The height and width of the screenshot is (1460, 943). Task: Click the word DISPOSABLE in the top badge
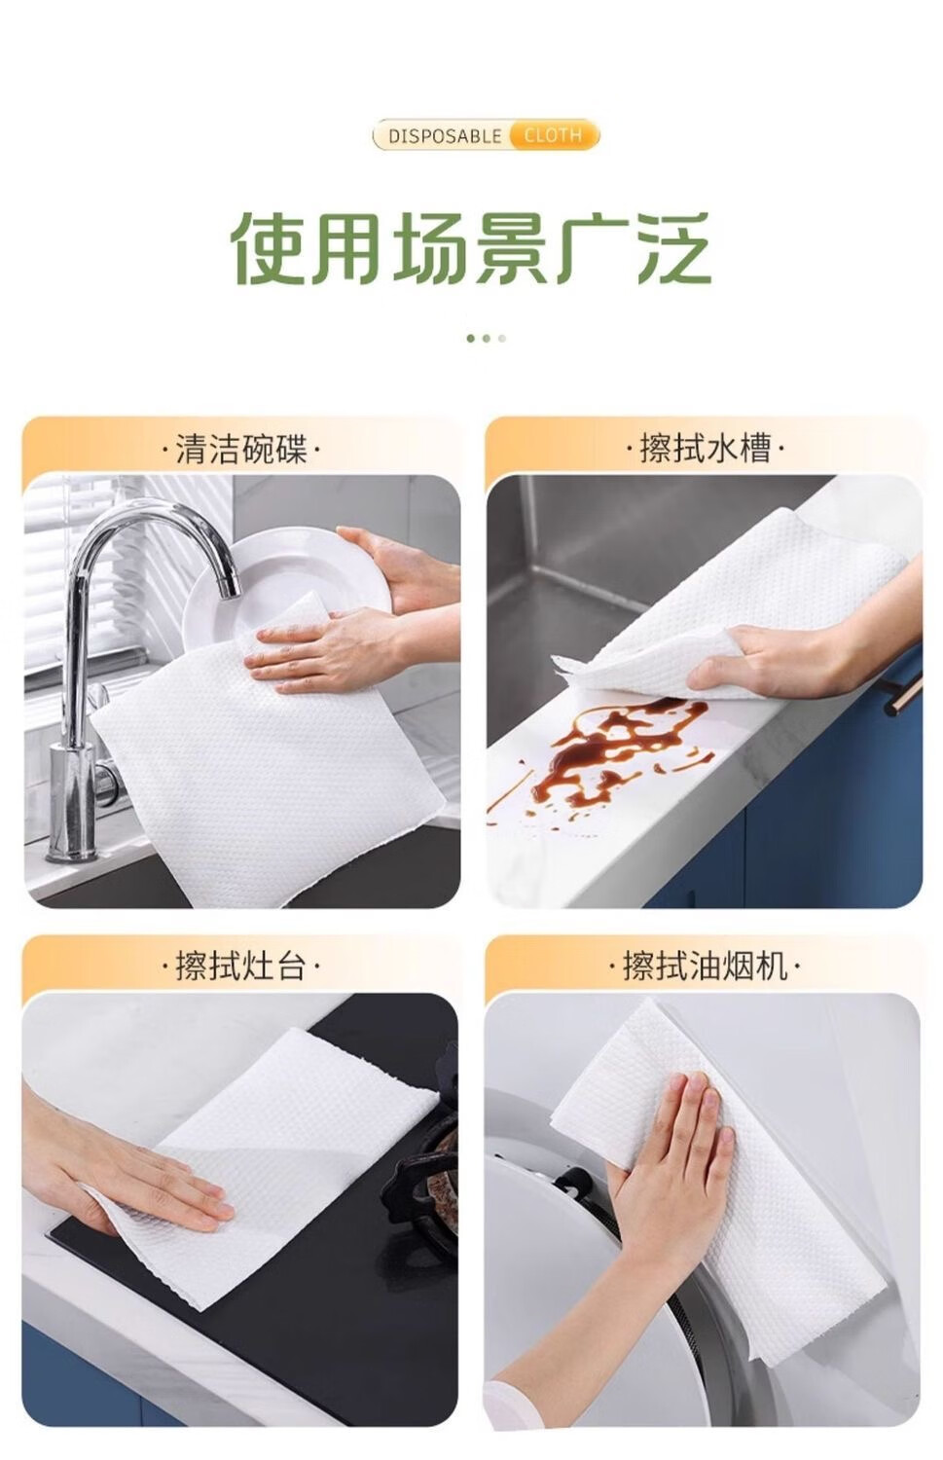[445, 136]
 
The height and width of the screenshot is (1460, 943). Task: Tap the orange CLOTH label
[553, 135]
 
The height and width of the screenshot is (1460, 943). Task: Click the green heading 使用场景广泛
[470, 249]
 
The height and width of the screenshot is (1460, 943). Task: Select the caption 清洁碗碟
[241, 449]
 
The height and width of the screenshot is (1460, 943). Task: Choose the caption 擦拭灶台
[241, 966]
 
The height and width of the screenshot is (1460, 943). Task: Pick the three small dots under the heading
[487, 339]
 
